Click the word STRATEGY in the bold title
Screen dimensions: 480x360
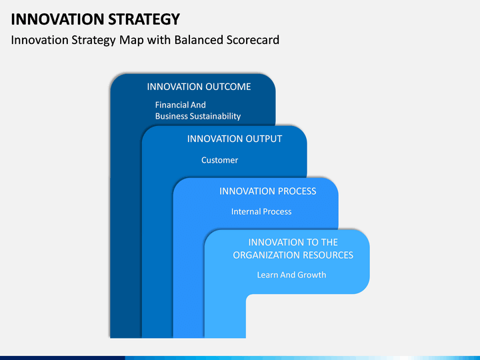(x=144, y=19)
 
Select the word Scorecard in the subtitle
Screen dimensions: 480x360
(x=253, y=40)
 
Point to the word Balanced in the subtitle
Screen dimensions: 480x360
(x=199, y=40)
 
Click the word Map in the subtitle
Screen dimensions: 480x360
(x=131, y=41)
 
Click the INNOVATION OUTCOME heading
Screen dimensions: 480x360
(x=199, y=87)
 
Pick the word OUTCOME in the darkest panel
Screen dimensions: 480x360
(x=228, y=87)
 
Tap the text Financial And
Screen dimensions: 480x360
(x=180, y=105)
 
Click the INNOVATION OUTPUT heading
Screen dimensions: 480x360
(x=235, y=139)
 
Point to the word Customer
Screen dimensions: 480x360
(x=219, y=160)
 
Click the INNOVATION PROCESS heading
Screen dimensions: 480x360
(x=267, y=191)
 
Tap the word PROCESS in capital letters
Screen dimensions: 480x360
(x=293, y=191)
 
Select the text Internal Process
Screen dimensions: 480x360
(x=261, y=211)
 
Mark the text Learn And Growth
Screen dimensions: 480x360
(x=291, y=275)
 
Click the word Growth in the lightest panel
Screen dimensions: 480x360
(x=311, y=275)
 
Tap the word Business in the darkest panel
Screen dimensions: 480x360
(x=171, y=116)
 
